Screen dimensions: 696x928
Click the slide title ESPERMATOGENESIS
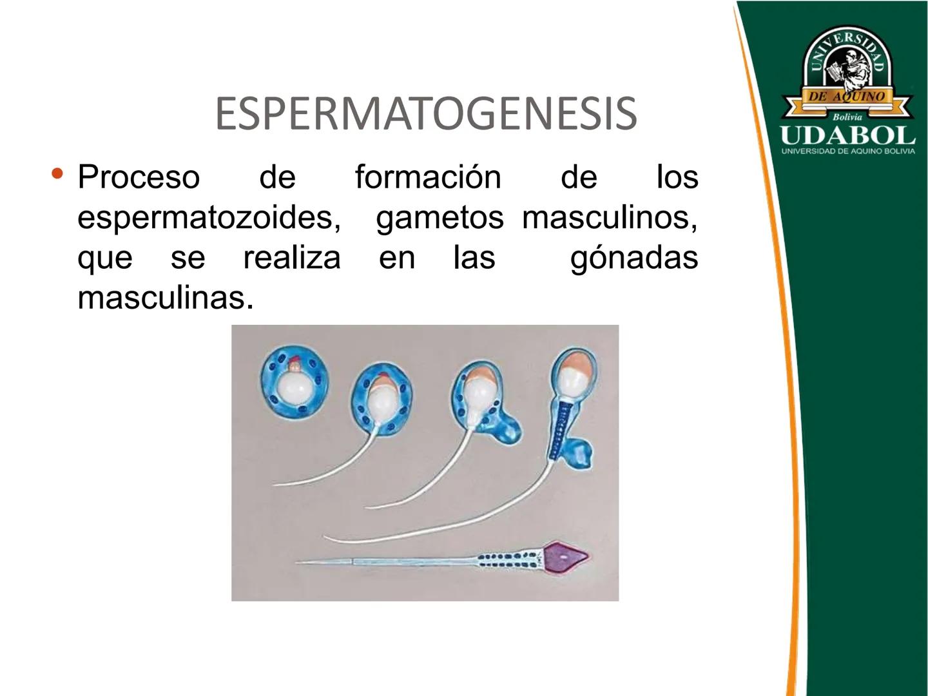[426, 113]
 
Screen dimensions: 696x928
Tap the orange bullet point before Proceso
[58, 174]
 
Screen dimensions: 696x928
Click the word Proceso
[139, 177]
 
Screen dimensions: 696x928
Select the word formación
[428, 177]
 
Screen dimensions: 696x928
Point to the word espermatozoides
[209, 217]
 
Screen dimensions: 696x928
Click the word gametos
[440, 217]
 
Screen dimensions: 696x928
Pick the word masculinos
[609, 217]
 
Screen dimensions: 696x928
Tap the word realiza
[291, 258]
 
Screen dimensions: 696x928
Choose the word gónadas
[634, 258]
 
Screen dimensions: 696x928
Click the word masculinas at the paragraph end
[165, 298]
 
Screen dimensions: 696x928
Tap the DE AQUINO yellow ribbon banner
[847, 97]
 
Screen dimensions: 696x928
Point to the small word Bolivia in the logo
[847, 117]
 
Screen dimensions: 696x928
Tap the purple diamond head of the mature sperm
[565, 557]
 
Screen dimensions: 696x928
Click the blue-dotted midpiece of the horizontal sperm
[509, 559]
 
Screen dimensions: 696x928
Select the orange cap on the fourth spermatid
[574, 362]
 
